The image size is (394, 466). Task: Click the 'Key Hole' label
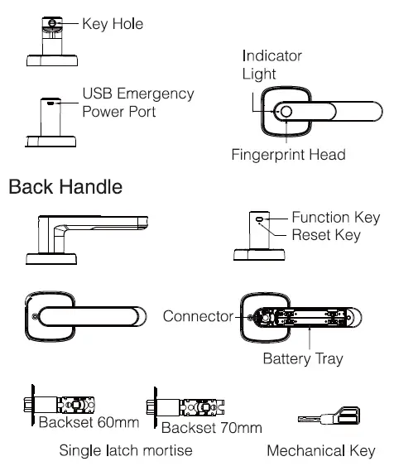112,24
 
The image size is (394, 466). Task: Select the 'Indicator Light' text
272,65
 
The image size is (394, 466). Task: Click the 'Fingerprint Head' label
287,155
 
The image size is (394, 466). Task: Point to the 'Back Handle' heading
65,187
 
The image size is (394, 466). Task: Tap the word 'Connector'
198,316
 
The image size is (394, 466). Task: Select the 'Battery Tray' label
302,359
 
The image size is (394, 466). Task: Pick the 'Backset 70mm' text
211,427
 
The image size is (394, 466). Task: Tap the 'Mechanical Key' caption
320,452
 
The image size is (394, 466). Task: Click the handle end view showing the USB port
53,122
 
